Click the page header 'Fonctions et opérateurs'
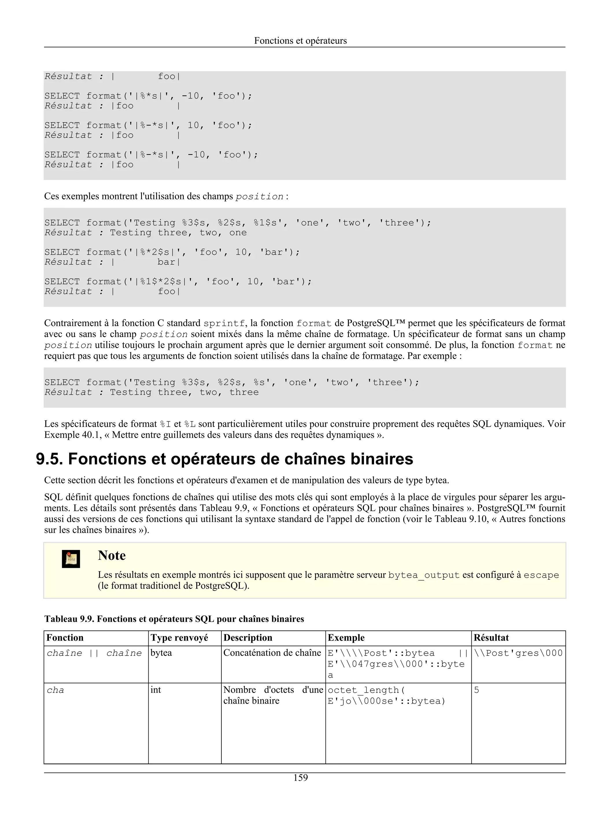(x=300, y=40)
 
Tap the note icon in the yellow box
(x=71, y=559)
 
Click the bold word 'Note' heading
(x=112, y=555)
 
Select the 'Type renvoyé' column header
(x=179, y=638)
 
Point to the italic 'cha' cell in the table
(x=55, y=690)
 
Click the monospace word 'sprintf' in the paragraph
(x=224, y=323)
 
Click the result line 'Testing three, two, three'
(x=184, y=392)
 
